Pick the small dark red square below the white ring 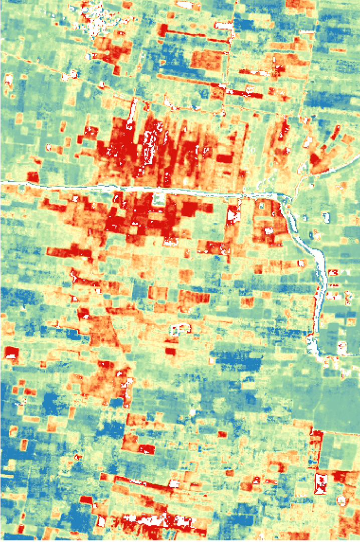(x=171, y=351)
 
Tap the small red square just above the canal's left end (x=33, y=177)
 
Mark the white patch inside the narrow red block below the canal (x=233, y=216)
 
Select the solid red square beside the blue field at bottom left (x=86, y=500)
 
